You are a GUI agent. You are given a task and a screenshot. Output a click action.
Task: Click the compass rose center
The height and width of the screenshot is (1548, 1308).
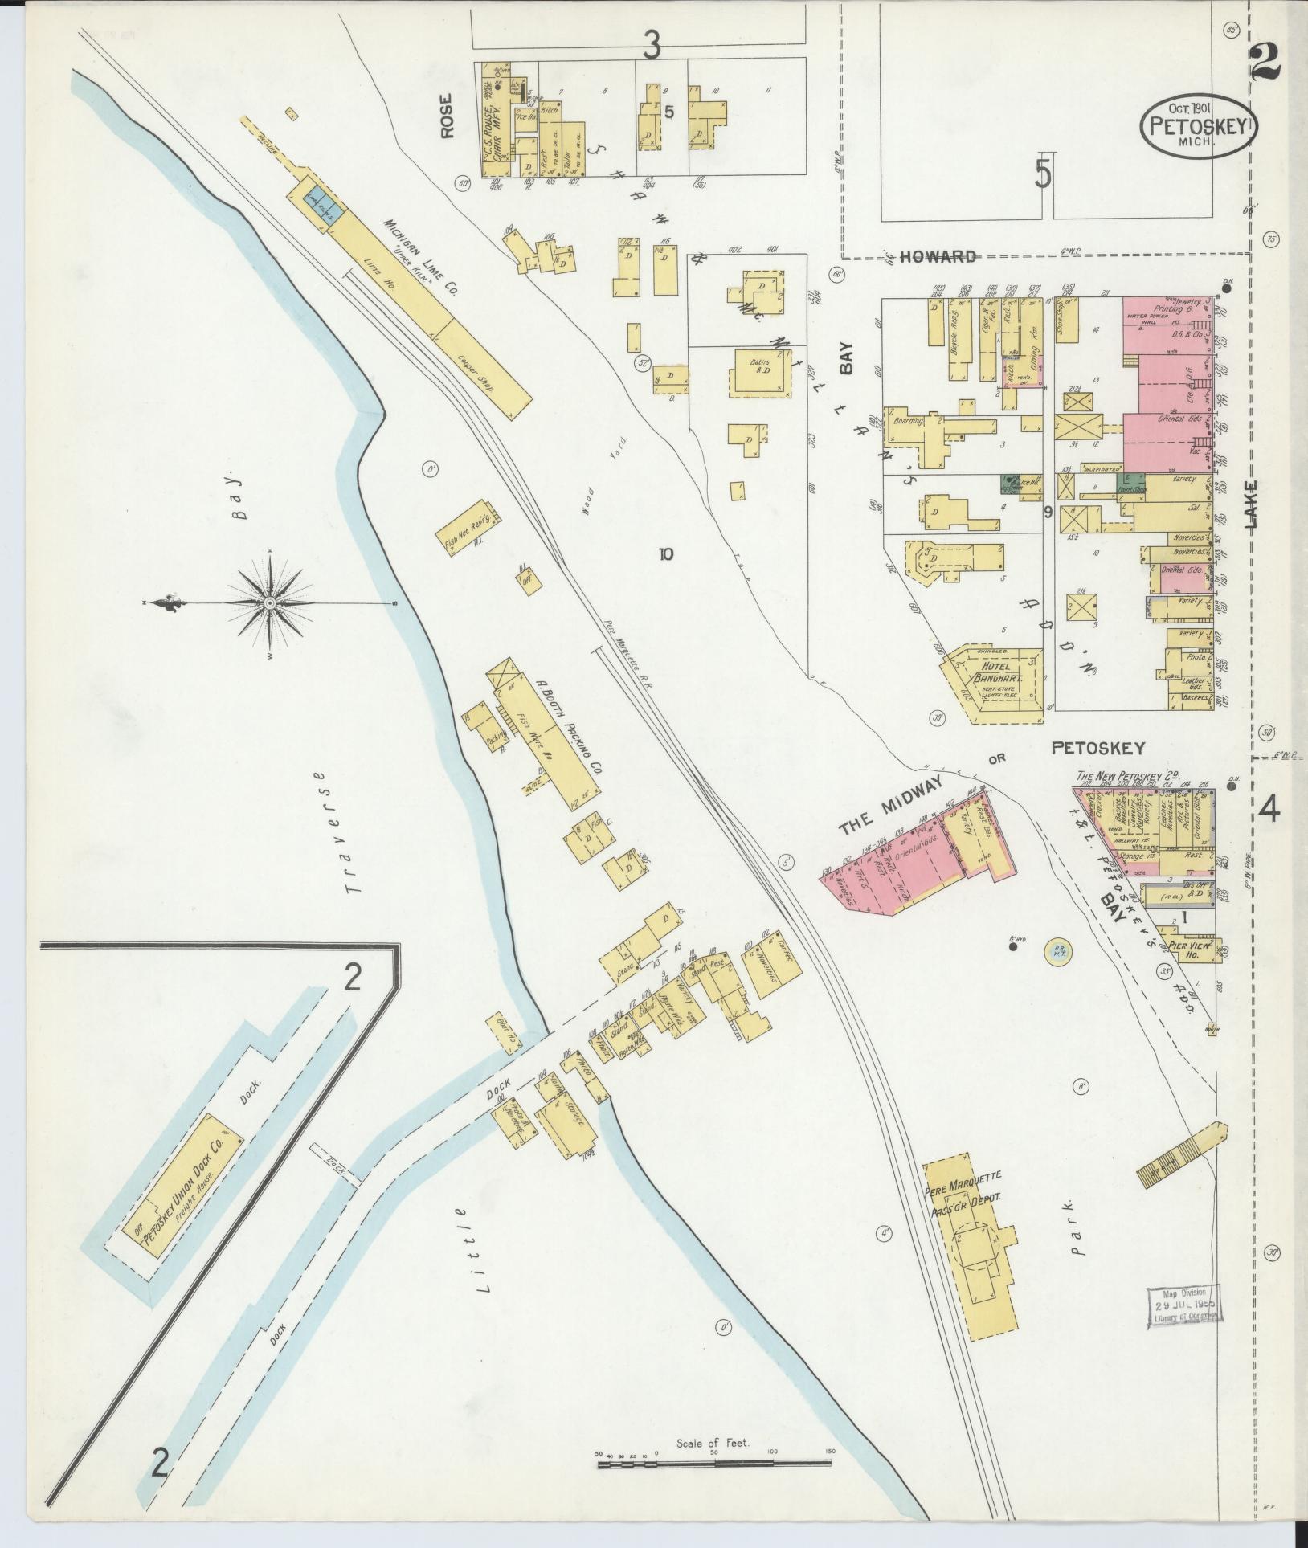270,602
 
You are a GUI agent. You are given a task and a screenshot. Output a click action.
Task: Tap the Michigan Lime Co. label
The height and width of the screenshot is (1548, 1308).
419,258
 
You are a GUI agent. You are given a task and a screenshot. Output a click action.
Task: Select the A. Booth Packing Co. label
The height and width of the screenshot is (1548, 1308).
569,729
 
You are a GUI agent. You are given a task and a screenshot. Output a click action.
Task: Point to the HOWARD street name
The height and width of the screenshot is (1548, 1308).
938,257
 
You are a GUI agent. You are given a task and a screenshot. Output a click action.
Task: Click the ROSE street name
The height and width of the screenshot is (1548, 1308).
447,116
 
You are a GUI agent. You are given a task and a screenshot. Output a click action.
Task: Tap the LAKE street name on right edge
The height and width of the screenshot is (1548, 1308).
1253,504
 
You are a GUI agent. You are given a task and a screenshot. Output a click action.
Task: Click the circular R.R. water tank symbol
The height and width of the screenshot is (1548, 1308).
1059,951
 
